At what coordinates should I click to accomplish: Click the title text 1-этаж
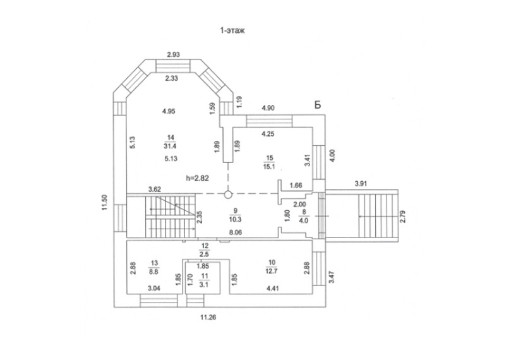coord(232,31)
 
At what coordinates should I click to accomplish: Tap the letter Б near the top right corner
coord(318,105)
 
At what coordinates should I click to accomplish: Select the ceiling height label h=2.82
coord(198,178)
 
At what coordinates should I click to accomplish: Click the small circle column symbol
coord(228,195)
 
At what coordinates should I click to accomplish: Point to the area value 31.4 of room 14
coord(171,146)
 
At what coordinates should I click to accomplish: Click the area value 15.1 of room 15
coord(269,167)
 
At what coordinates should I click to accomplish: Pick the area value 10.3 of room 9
coord(235,219)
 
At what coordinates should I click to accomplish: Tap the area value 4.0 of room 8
coord(304,220)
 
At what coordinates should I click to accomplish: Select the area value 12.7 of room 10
coord(272,271)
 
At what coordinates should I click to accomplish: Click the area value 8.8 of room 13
coord(154,272)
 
